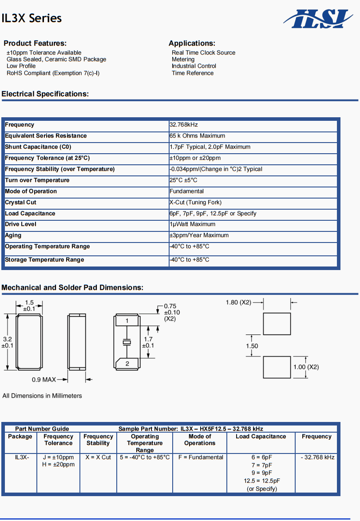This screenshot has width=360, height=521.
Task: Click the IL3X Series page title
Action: click(32, 18)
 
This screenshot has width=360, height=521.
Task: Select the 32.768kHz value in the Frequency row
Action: click(184, 125)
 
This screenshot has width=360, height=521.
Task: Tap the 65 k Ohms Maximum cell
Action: click(197, 136)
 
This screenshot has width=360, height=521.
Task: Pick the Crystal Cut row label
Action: click(20, 203)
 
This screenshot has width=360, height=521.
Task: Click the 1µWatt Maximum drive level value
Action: click(192, 224)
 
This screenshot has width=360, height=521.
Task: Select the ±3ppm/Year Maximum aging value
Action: click(199, 235)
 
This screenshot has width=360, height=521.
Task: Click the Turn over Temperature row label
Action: click(37, 180)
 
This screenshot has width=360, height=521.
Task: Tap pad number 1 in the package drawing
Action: click(127, 321)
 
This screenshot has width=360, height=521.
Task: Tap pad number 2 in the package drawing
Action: click(127, 363)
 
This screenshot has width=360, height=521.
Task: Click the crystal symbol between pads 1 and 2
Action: click(127, 342)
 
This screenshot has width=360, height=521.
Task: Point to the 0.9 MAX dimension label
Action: click(44, 380)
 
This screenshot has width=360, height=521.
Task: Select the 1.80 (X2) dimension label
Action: click(238, 302)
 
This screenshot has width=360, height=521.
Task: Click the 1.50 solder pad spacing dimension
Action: click(252, 346)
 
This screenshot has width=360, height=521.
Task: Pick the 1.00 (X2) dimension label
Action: click(306, 367)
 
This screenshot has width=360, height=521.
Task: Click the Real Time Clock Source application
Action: click(203, 52)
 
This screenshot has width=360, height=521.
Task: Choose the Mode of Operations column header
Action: click(200, 440)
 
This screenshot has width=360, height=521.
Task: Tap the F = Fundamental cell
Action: click(201, 457)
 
